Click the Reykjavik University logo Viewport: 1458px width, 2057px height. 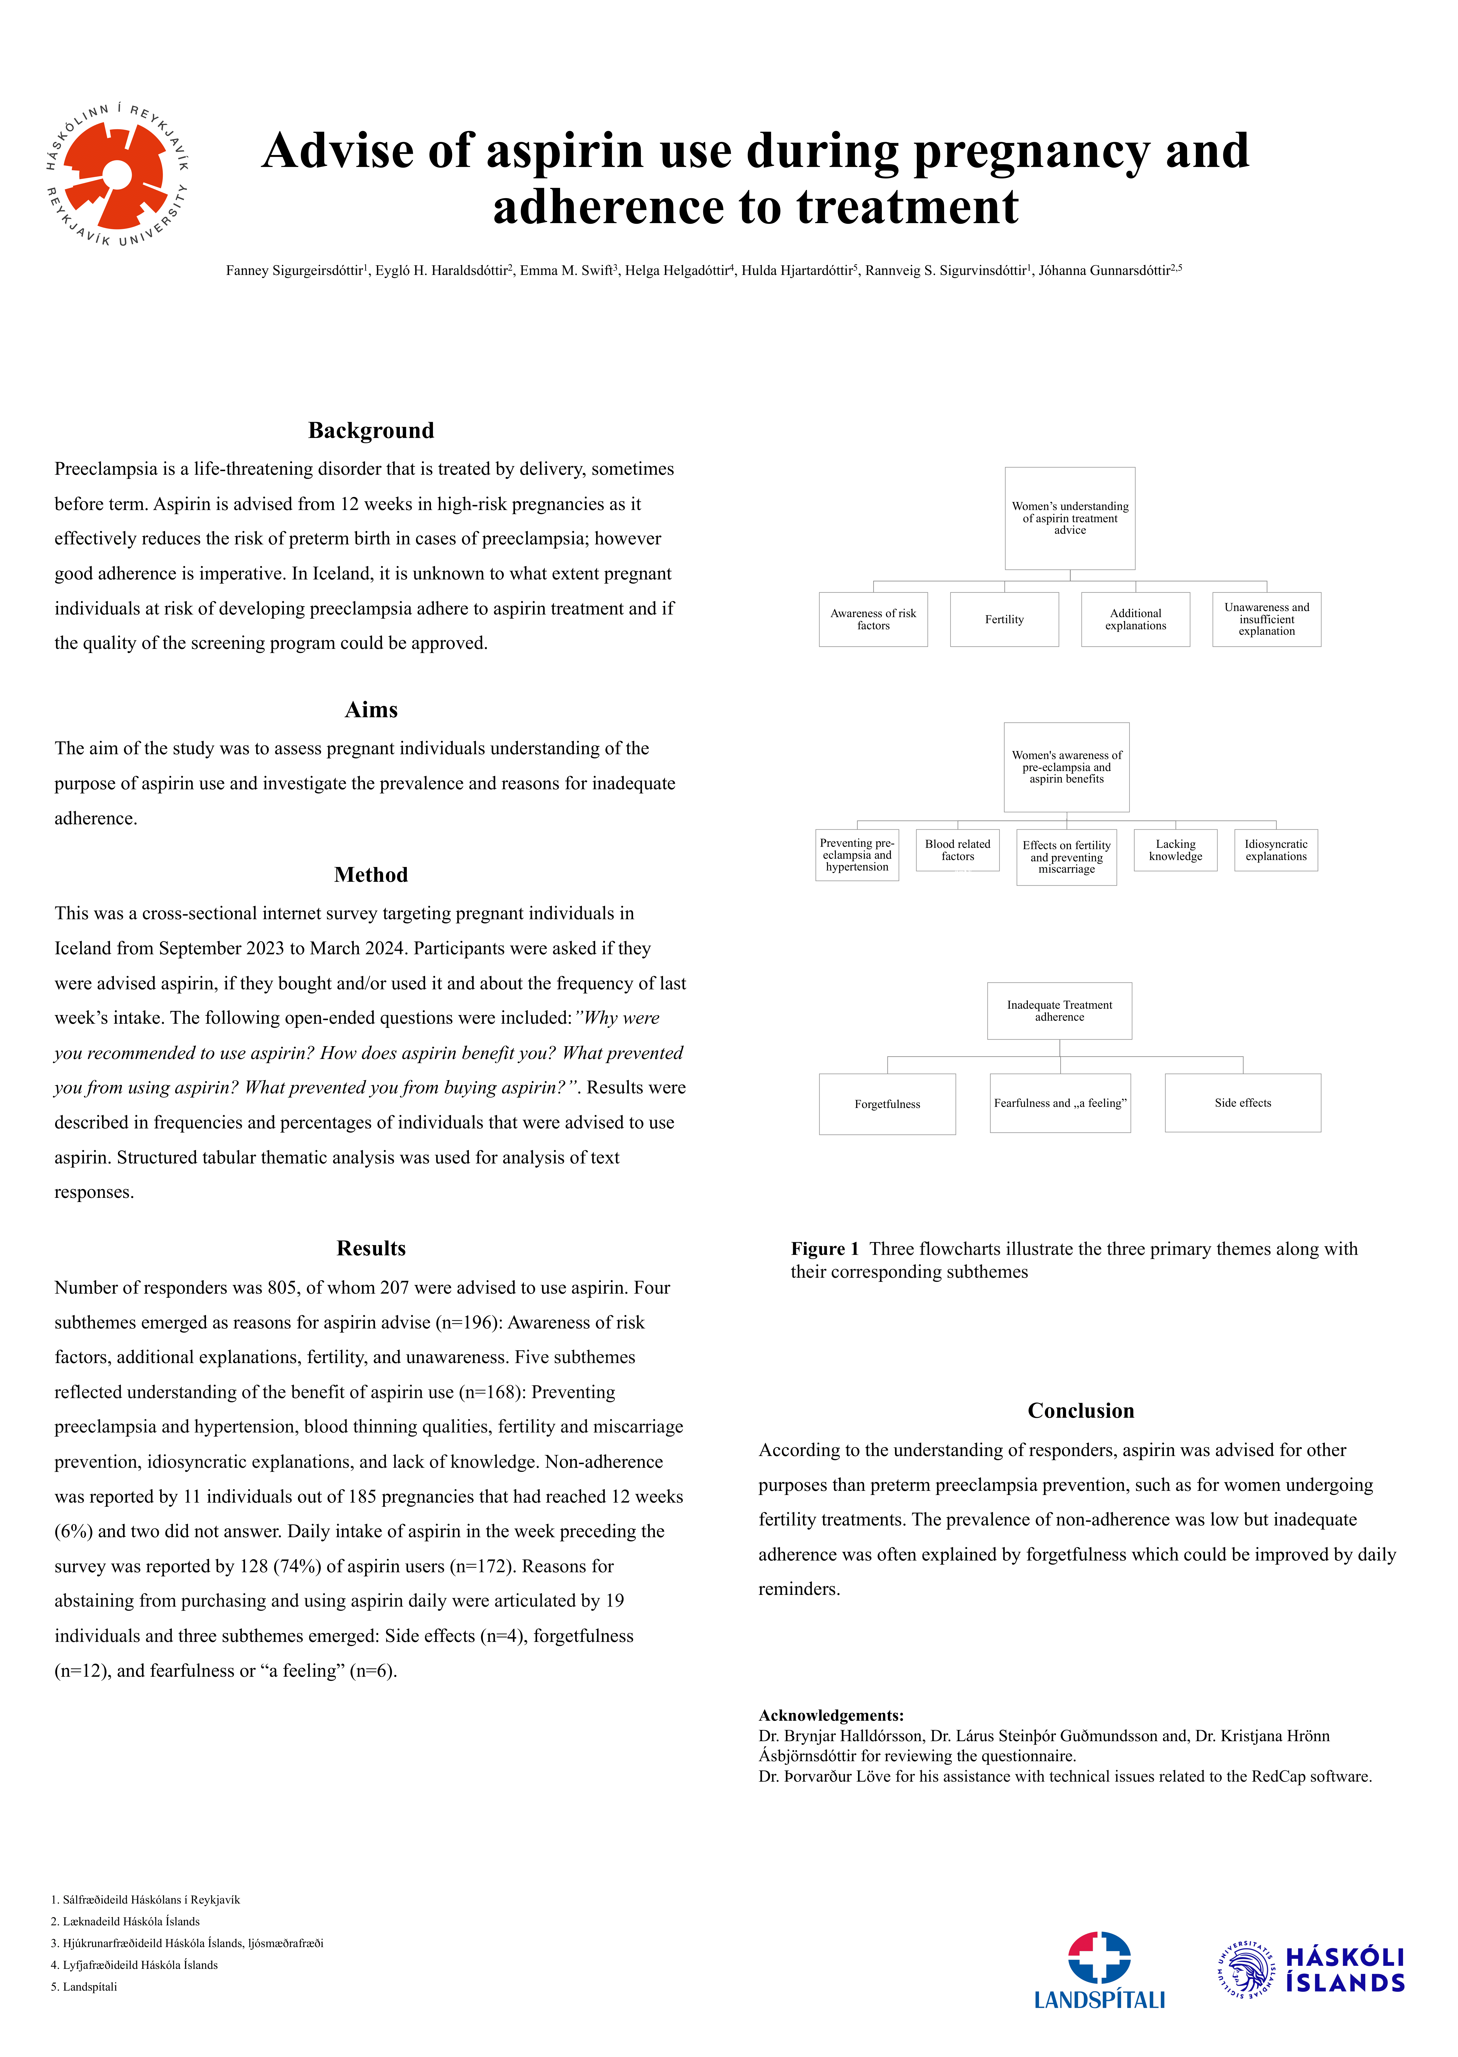coord(118,174)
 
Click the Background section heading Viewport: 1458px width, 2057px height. coord(371,431)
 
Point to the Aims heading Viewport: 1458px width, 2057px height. coord(371,710)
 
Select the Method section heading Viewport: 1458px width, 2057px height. coord(371,875)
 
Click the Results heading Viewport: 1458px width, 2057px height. coord(371,1248)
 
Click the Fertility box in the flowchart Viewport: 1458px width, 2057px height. coord(1004,619)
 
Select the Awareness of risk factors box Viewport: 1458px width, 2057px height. coord(873,619)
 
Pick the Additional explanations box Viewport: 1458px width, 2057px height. coord(1135,619)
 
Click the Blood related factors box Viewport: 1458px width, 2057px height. coord(957,850)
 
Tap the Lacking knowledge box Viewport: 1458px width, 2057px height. coord(1175,850)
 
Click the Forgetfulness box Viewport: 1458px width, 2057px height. coord(887,1104)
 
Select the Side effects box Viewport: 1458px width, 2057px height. coord(1243,1103)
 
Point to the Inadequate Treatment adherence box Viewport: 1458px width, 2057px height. coord(1059,1011)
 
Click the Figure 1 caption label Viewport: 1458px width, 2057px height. coord(824,1249)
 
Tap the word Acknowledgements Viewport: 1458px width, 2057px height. coord(830,1715)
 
